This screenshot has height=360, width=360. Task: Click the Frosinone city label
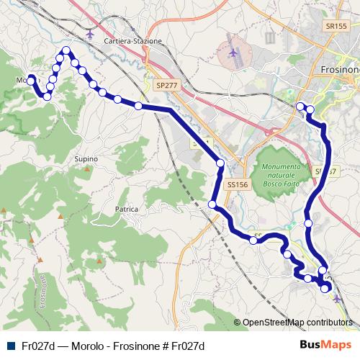tap(339, 70)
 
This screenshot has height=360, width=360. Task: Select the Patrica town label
tap(125, 209)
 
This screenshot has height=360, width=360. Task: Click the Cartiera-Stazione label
tap(133, 41)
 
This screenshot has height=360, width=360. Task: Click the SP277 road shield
tap(166, 85)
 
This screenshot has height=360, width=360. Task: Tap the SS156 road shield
tap(237, 185)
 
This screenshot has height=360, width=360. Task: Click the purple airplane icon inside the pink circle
tap(233, 53)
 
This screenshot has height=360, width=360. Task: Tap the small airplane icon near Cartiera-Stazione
tap(89, 33)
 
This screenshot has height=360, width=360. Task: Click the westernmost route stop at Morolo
tap(30, 80)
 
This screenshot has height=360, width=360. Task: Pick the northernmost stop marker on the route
tap(66, 50)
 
